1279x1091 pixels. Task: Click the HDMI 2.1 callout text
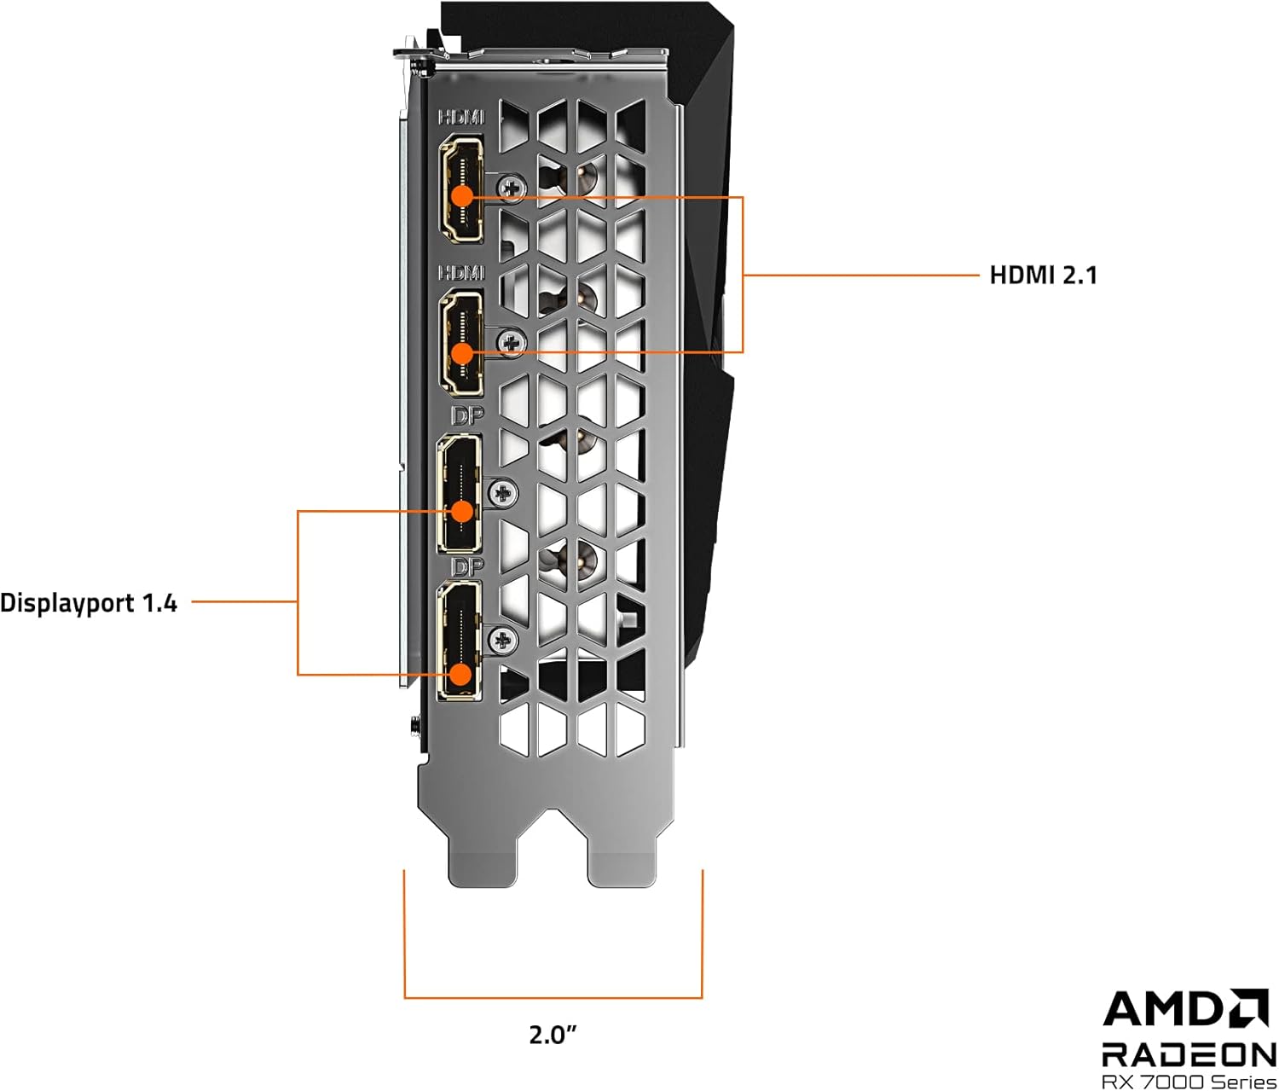(1043, 275)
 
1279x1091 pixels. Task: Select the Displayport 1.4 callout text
(89, 603)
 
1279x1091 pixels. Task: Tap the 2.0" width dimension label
(553, 1035)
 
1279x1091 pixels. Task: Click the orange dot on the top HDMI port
(461, 196)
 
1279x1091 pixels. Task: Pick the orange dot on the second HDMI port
(461, 351)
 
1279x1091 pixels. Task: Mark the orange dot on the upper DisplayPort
(461, 511)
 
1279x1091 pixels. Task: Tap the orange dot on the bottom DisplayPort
(460, 675)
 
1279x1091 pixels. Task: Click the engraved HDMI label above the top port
(461, 117)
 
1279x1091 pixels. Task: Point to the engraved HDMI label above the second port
(461, 272)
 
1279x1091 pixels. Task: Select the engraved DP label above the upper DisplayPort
(467, 415)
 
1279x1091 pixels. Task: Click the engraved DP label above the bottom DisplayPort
(467, 566)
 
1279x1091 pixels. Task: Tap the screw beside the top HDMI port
(512, 186)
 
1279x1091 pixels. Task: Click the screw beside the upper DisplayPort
(503, 492)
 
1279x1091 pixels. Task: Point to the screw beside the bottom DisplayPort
(503, 640)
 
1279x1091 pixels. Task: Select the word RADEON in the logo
(1189, 1054)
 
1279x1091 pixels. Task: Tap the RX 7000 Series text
(1189, 1082)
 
